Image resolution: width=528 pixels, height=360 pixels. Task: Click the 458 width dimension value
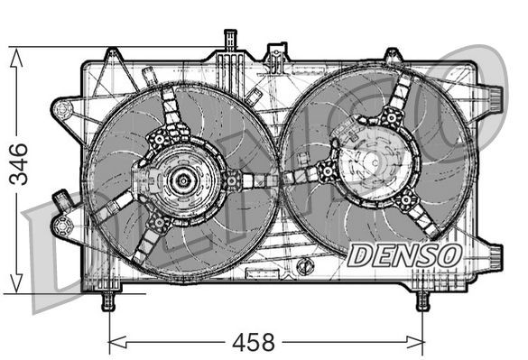[x=255, y=343]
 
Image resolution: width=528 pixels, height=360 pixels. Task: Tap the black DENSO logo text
[x=404, y=255]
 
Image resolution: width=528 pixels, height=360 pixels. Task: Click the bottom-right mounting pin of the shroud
[x=421, y=300]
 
